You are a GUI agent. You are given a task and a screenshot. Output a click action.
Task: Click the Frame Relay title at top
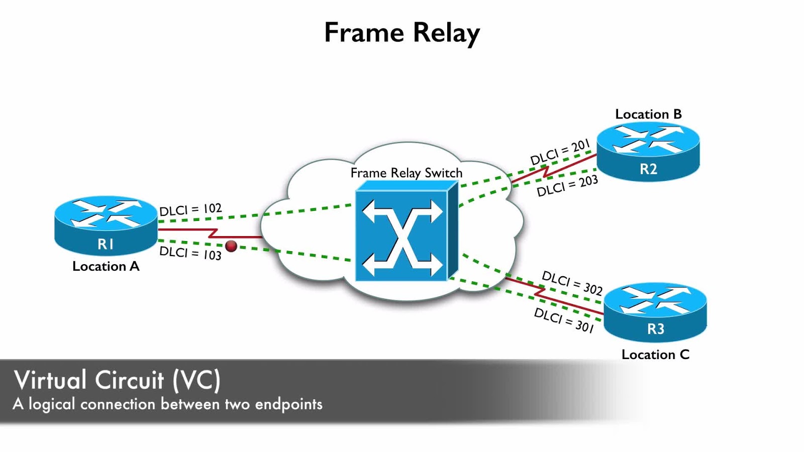point(402,33)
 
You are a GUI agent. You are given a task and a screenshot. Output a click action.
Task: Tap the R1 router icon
point(106,225)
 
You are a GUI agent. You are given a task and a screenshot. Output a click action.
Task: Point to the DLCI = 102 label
point(190,209)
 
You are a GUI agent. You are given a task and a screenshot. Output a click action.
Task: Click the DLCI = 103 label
point(190,253)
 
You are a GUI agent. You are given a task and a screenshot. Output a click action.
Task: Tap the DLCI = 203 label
point(567,186)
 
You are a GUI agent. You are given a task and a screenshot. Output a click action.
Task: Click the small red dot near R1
point(231,246)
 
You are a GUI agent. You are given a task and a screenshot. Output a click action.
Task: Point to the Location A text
point(106,266)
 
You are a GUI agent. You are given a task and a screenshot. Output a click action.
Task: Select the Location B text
point(648,115)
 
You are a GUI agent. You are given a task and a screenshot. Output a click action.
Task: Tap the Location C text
point(655,355)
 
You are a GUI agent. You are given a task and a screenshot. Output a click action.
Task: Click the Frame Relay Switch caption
point(406,173)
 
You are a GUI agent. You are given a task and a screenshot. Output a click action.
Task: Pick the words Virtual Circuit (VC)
point(117,380)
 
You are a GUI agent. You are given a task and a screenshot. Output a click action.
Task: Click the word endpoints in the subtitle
point(288,404)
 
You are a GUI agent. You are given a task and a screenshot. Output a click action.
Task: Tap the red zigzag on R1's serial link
point(213,233)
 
